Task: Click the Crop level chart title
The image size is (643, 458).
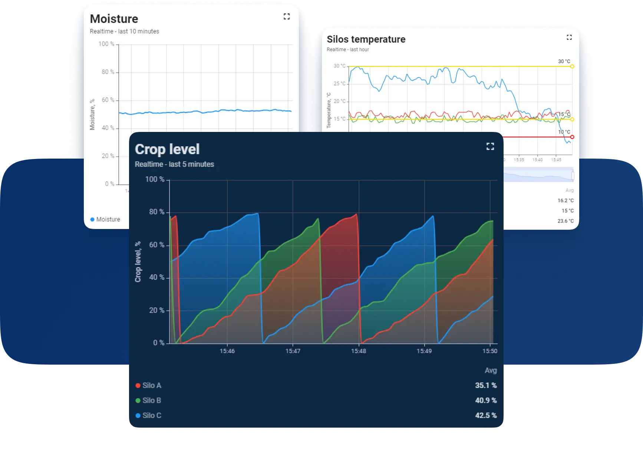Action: coord(167,149)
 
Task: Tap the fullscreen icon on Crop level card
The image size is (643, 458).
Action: coord(490,146)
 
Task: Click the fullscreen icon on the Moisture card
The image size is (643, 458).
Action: coord(287,16)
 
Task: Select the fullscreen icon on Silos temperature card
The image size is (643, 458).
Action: coord(569,37)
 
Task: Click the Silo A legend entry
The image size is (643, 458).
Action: coord(148,385)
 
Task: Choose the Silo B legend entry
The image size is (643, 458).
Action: coord(148,400)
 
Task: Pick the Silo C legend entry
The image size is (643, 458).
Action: coord(148,415)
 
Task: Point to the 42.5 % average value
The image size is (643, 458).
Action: coord(486,415)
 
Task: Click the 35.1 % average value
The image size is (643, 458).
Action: coord(486,385)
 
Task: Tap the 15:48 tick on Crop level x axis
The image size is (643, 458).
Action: coord(359,351)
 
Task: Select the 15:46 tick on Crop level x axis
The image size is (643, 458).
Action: coord(227,351)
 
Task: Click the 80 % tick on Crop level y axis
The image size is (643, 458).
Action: coord(156,212)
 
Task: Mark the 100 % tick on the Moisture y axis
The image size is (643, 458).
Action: coord(106,44)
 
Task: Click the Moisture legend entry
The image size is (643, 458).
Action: coord(105,219)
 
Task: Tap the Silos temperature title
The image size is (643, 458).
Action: coord(366,39)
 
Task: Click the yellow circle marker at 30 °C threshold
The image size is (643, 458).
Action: coord(572,66)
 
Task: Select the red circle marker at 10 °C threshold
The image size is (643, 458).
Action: coord(572,137)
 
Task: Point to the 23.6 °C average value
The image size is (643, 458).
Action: coord(565,221)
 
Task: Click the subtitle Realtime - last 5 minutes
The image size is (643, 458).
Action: coord(174,164)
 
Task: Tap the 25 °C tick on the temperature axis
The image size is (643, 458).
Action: coord(339,84)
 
